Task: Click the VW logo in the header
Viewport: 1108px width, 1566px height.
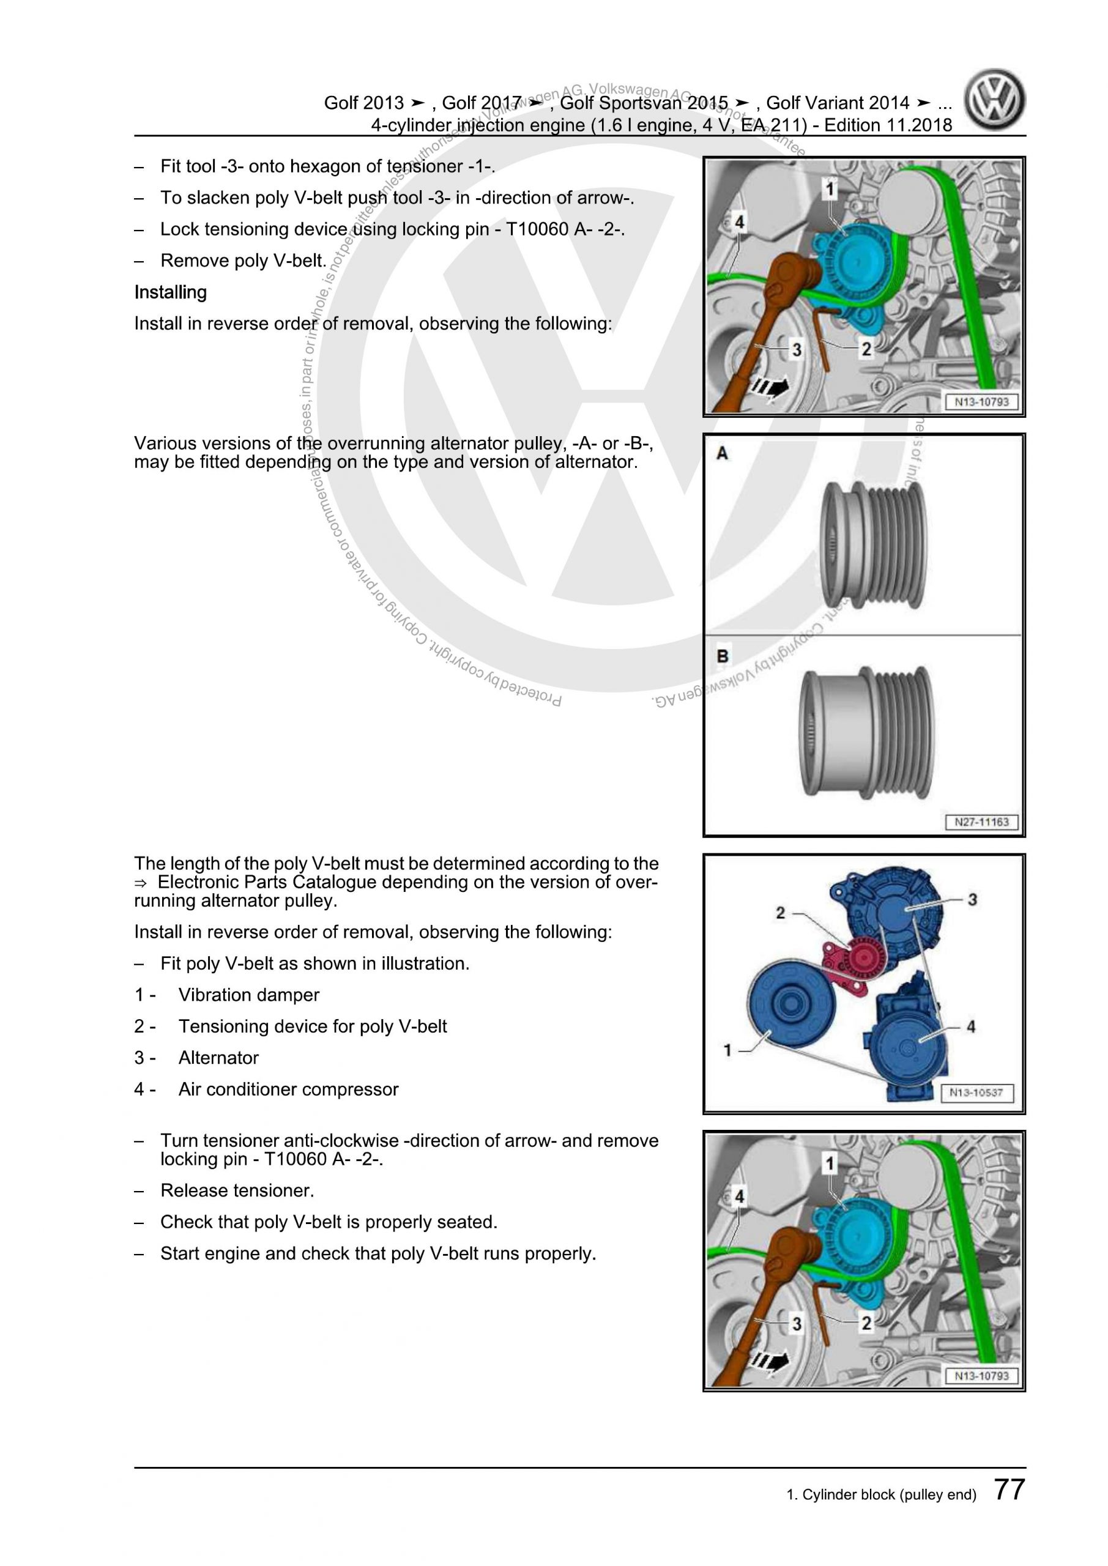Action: click(995, 101)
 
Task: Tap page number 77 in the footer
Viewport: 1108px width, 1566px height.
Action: click(1009, 1490)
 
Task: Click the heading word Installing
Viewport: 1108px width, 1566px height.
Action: click(171, 292)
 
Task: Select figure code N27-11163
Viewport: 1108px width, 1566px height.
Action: click(981, 822)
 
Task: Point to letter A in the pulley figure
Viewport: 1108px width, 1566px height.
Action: click(722, 453)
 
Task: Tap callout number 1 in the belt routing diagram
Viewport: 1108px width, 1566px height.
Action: click(727, 1050)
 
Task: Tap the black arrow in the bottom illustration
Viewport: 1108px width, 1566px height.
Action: click(770, 1364)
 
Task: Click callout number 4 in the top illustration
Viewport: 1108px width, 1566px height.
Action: click(740, 221)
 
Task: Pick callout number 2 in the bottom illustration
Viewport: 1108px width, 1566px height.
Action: click(866, 1323)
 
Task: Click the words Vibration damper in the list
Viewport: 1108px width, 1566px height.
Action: click(248, 995)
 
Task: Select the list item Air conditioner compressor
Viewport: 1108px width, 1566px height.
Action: click(288, 1089)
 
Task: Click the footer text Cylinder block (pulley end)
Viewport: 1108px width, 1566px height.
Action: click(882, 1494)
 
